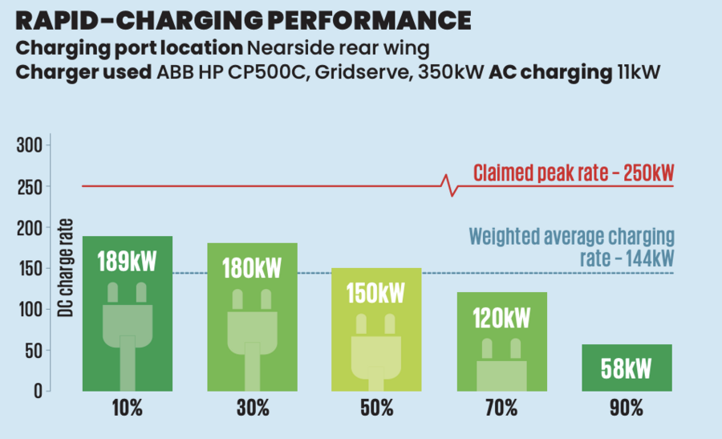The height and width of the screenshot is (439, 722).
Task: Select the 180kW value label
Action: point(253,267)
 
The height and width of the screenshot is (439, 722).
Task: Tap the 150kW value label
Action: point(376,292)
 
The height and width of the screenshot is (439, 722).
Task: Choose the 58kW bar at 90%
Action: point(626,368)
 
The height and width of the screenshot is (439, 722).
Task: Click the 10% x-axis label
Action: point(127,409)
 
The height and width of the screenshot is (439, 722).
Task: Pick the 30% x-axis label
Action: point(253,409)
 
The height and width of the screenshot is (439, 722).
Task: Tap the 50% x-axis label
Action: point(376,409)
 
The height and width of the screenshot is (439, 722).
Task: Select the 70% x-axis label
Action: point(501,409)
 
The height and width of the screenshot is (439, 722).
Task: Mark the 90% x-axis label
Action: point(626,409)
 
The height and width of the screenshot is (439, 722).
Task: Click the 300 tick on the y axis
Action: point(30,146)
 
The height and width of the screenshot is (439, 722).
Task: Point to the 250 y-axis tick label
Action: point(30,187)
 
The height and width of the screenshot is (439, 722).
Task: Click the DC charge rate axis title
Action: point(67,267)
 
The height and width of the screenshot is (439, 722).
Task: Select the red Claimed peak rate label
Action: point(573,173)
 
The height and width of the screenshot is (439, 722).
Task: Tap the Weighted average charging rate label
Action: point(571,247)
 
